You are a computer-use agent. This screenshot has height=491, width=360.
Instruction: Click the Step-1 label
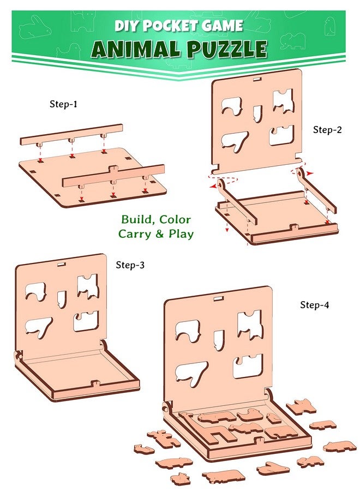click(63, 104)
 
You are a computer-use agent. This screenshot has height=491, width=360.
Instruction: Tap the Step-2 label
click(327, 130)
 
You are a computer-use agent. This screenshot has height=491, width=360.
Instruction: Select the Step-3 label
click(130, 265)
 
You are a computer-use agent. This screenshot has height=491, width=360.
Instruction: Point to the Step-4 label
click(315, 304)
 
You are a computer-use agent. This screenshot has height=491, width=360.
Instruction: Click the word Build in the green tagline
click(136, 219)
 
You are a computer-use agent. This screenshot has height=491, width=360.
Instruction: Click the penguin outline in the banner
click(329, 26)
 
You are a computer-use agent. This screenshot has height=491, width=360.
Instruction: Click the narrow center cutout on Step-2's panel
click(257, 113)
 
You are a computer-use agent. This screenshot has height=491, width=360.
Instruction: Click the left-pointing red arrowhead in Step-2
click(213, 186)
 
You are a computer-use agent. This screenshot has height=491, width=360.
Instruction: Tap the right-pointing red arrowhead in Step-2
click(309, 173)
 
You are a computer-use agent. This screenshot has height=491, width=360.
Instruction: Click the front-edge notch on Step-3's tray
click(95, 383)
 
